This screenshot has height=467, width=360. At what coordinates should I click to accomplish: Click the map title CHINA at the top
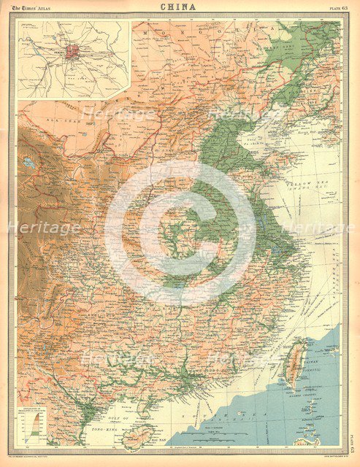(180, 7)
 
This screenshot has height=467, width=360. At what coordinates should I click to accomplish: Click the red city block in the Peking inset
(72, 53)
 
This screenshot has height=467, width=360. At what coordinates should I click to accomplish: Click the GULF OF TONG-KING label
(102, 420)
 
